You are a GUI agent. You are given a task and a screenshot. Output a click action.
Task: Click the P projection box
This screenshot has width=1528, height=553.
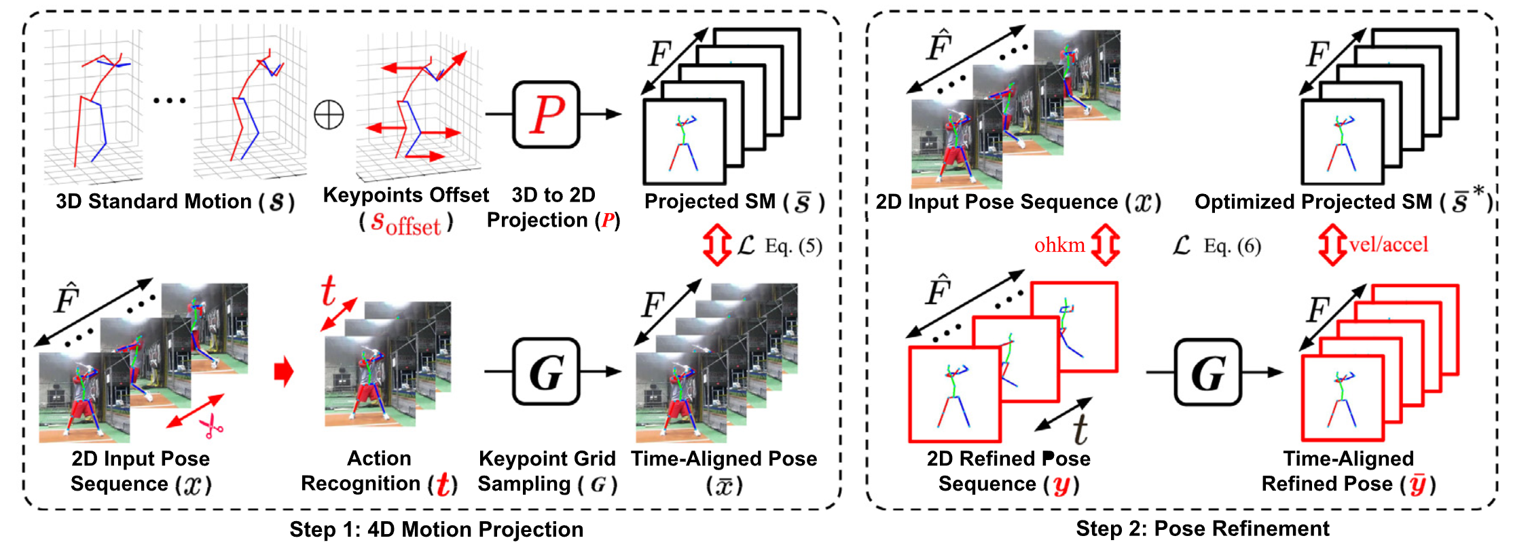546,114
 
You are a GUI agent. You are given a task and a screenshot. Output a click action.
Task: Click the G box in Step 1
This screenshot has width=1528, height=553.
546,371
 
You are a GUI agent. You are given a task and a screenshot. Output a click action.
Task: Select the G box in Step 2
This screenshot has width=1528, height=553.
1207,372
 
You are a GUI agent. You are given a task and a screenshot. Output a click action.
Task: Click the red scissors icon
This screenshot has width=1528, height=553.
211,426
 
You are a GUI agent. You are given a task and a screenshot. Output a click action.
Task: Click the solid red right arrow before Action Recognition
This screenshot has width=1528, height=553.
283,371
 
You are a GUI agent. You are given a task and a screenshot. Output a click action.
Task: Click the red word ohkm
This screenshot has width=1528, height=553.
1059,245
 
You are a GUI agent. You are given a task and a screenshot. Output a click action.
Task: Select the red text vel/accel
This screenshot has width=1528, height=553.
1388,244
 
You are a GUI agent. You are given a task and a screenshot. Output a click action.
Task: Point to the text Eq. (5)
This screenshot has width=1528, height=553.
793,246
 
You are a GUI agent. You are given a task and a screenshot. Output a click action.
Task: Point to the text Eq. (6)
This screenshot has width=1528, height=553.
1232,246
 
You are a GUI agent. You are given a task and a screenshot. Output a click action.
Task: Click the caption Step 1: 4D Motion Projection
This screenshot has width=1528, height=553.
436,529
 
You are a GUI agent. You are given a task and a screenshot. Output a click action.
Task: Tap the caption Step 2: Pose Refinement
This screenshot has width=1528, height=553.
1202,529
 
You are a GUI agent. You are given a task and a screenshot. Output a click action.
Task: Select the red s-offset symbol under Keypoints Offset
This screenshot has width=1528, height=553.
405,223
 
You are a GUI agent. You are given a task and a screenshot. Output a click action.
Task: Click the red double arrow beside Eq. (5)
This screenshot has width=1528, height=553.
717,245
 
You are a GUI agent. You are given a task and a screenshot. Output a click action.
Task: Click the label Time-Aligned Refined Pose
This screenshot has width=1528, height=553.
1348,471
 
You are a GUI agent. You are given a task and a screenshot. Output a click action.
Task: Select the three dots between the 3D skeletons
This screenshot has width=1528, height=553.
169,100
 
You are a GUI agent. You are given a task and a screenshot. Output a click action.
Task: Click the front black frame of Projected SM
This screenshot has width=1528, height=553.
684,142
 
